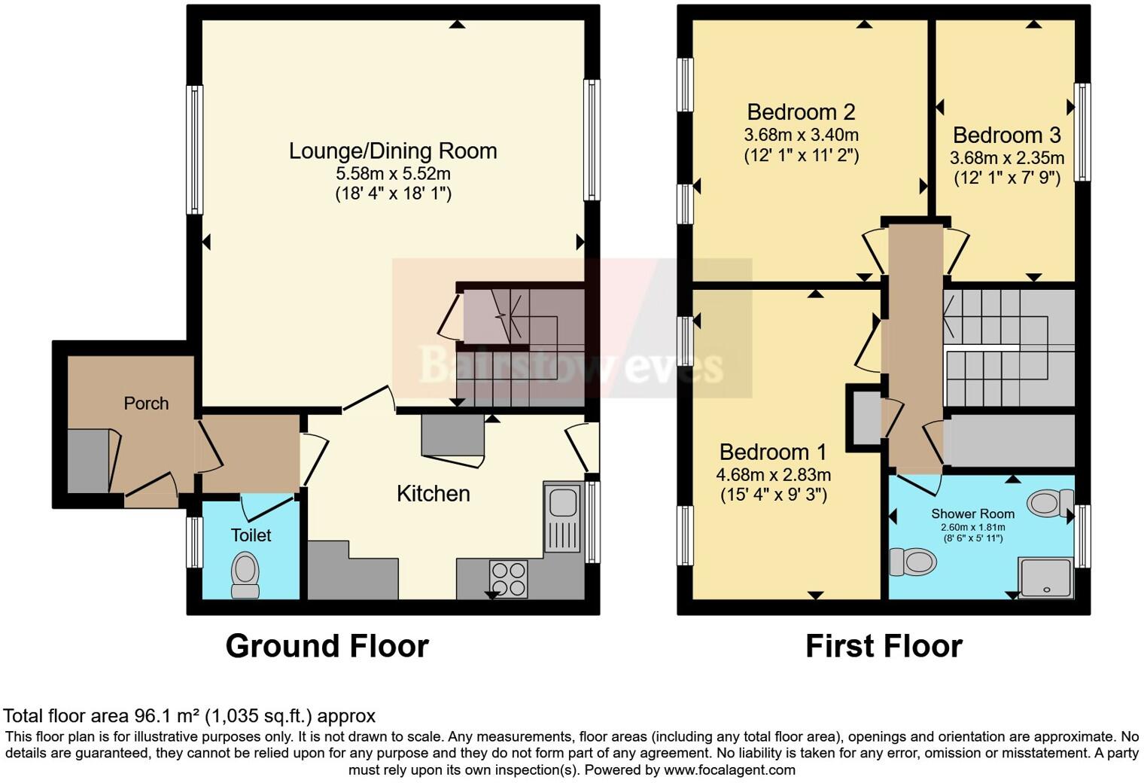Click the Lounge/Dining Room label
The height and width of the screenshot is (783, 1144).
point(393,151)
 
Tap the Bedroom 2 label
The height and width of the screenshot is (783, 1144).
point(801,112)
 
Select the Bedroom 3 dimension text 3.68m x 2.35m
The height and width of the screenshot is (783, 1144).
point(1007,158)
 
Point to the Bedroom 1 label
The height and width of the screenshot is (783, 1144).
point(772,452)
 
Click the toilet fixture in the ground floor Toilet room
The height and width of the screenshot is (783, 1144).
point(245,575)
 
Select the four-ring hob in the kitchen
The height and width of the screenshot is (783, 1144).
point(509,579)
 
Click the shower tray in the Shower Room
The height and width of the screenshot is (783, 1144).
point(1045,577)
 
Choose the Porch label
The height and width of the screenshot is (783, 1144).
point(146,404)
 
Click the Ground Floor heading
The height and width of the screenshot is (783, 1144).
point(327,646)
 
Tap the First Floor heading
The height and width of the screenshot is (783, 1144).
point(884,646)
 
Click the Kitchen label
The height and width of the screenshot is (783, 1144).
point(433,494)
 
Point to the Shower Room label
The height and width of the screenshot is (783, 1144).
point(972,513)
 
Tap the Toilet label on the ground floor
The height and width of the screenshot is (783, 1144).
point(251,535)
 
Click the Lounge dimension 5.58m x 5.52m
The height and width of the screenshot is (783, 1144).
point(393,173)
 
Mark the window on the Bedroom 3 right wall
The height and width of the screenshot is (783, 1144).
point(1082,132)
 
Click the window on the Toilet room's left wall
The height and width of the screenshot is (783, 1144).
point(194,541)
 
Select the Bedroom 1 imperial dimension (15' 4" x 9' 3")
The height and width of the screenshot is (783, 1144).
point(773,495)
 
